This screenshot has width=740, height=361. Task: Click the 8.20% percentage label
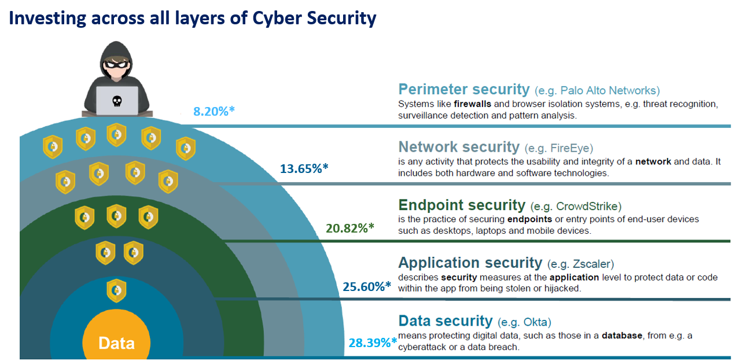pos(213,111)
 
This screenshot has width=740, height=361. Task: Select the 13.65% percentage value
pos(304,169)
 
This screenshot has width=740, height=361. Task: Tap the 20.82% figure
pos(349,228)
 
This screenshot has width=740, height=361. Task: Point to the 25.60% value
pos(366,286)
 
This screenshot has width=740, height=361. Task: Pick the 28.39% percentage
pos(372,342)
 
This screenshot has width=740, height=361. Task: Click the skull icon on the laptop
pos(116,101)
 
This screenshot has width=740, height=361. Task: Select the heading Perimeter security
pos(463,90)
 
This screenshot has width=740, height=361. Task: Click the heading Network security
pos(459,147)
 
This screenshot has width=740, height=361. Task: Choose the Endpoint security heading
pos(461,205)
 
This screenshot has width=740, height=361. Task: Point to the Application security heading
pos(470,263)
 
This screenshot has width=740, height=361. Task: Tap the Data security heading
pos(445,321)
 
